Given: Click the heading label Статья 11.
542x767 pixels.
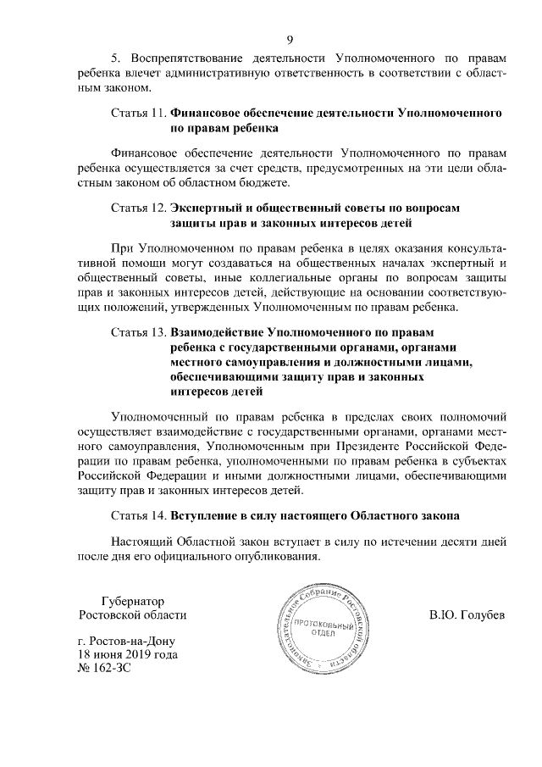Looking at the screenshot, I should pyautogui.click(x=139, y=113).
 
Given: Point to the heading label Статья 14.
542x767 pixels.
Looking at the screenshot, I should pyautogui.click(x=139, y=514).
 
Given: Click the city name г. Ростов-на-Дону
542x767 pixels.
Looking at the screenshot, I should pyautogui.click(x=128, y=640).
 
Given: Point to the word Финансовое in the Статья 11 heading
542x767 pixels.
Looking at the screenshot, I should pyautogui.click(x=208, y=113).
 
